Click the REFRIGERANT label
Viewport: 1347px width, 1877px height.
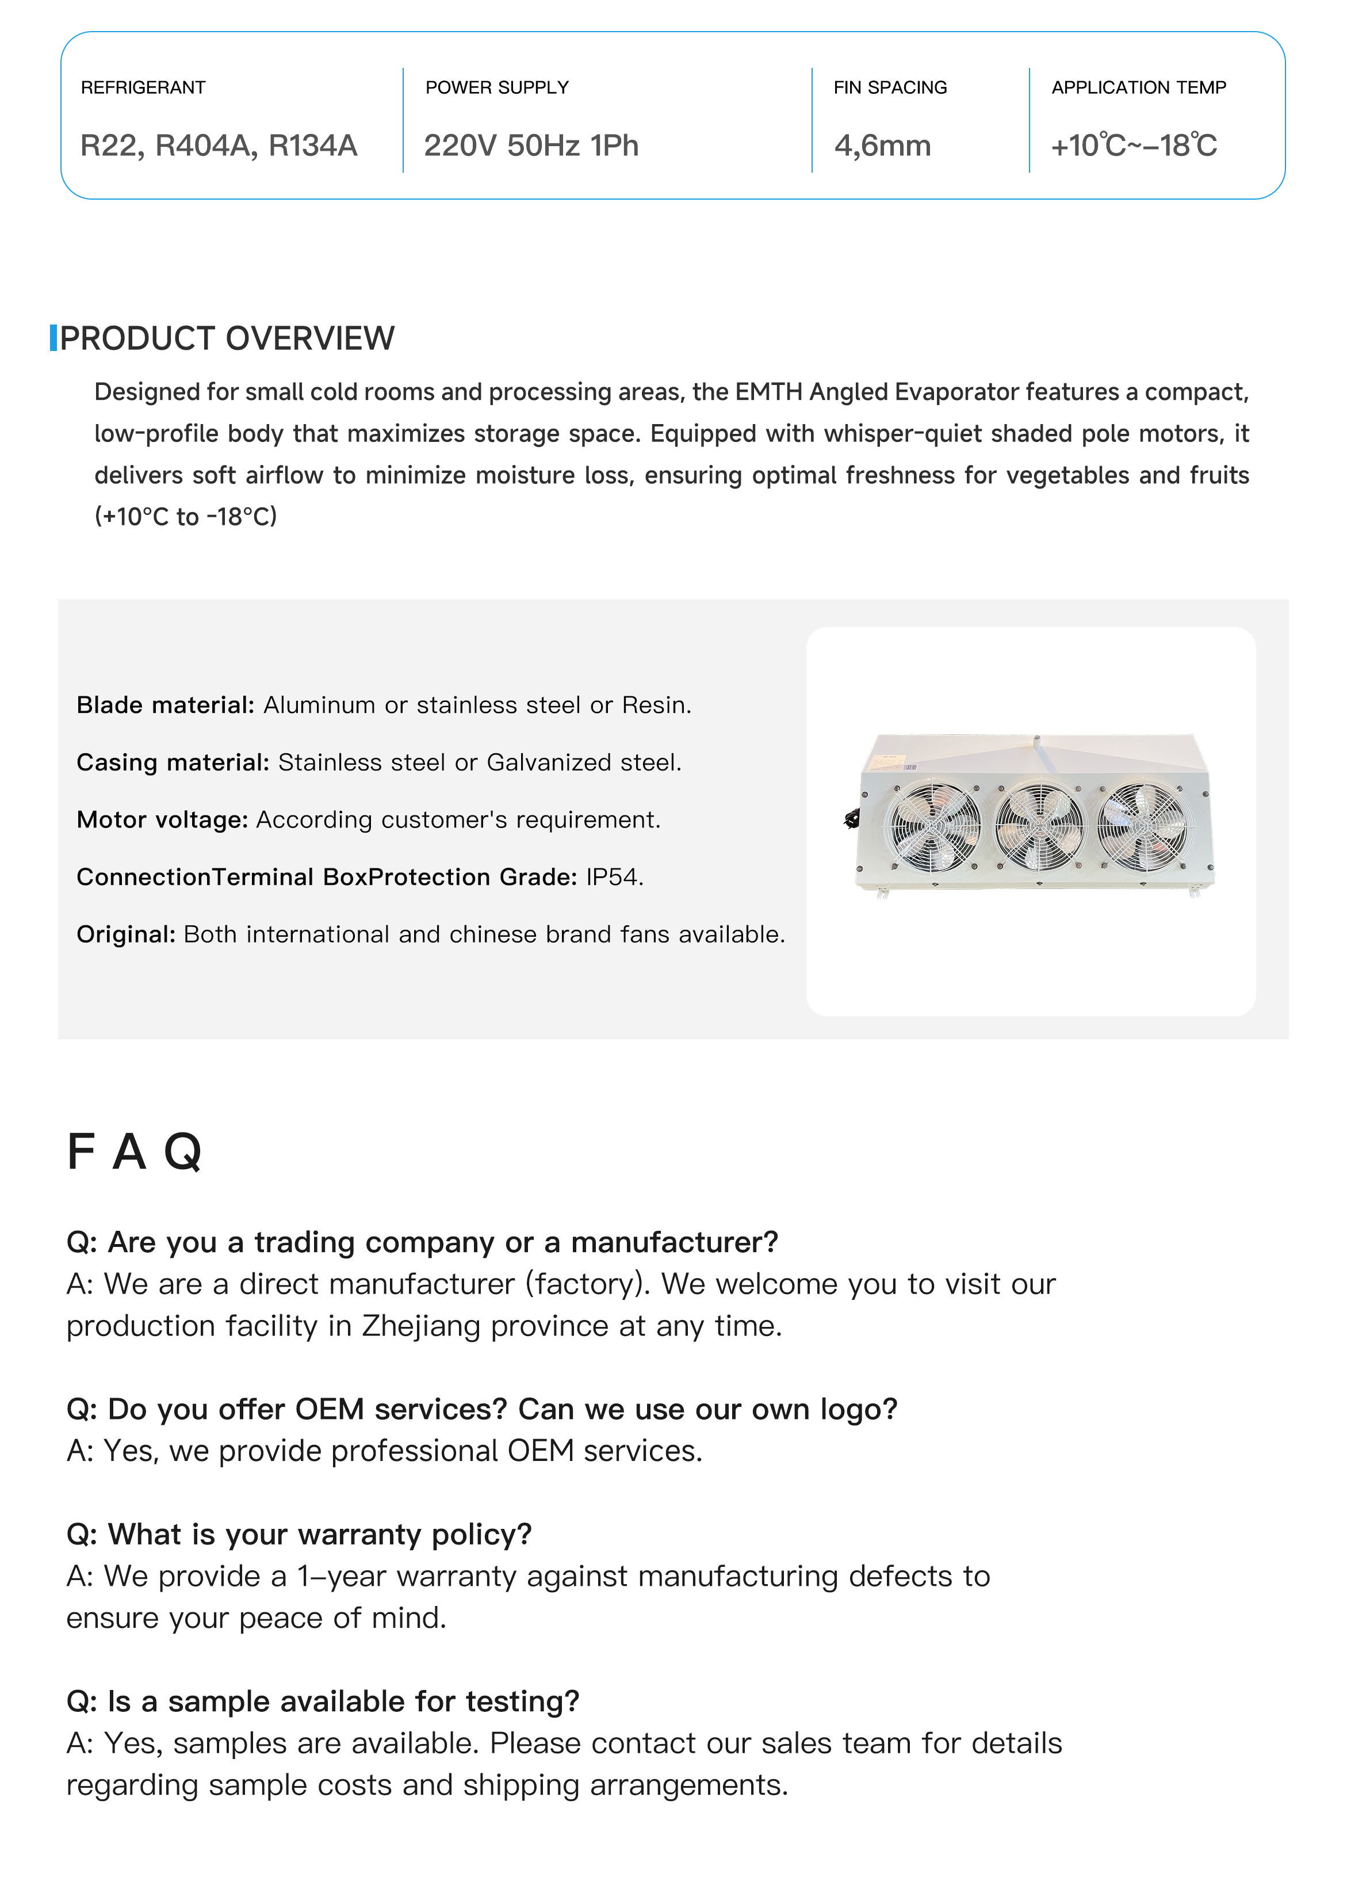[x=143, y=87]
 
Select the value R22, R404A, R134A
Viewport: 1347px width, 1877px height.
[x=219, y=146]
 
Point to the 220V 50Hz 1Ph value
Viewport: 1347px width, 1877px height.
[x=531, y=146]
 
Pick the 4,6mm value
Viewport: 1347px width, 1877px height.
[x=882, y=146]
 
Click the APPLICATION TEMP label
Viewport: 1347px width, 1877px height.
[x=1138, y=87]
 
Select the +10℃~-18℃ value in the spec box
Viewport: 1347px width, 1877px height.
[x=1134, y=146]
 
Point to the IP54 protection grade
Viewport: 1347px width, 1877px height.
[x=613, y=878]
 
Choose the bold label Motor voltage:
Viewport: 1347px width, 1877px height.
[x=162, y=820]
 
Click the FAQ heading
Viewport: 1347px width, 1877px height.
[x=135, y=1151]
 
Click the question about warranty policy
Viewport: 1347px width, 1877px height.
[x=299, y=1535]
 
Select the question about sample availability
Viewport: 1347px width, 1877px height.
[x=323, y=1701]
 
